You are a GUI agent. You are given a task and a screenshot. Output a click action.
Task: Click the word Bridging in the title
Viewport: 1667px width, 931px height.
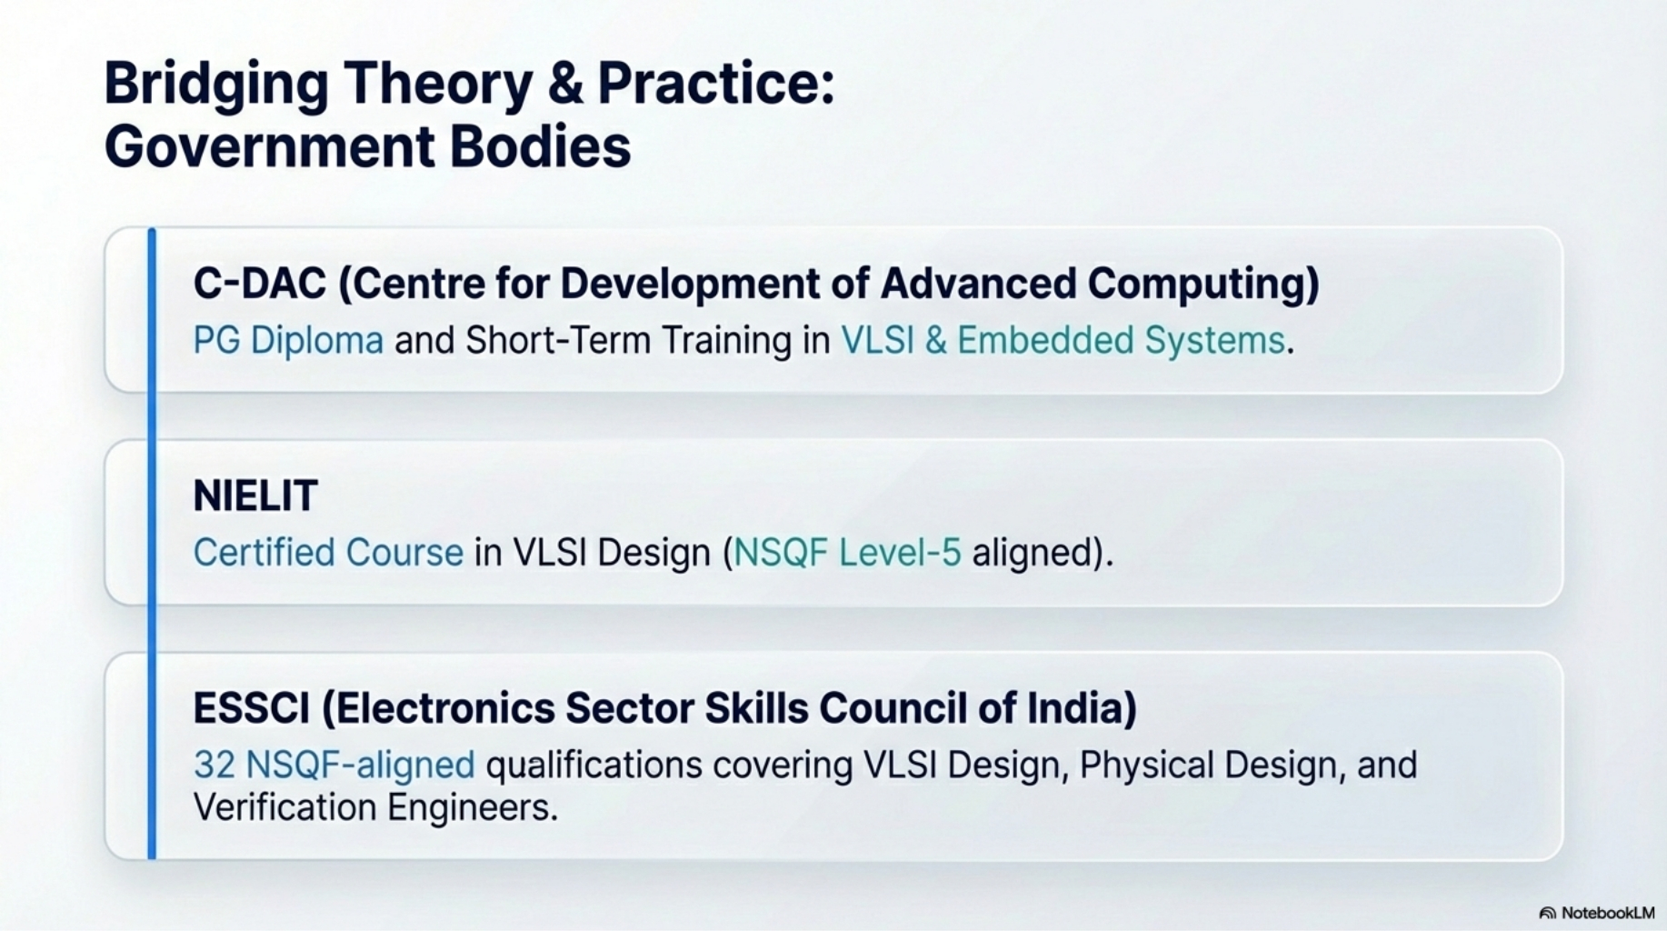(x=216, y=85)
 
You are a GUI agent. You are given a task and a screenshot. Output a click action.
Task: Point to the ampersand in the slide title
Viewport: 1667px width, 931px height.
(x=565, y=83)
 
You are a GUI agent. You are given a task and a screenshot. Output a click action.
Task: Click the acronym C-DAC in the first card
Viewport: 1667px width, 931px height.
(x=259, y=284)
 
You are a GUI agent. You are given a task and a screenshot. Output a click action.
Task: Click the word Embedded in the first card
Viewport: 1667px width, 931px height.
(x=1045, y=340)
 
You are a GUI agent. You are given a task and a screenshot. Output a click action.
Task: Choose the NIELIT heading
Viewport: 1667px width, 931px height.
(x=255, y=496)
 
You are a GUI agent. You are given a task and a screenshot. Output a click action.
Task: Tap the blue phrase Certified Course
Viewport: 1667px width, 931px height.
(x=328, y=553)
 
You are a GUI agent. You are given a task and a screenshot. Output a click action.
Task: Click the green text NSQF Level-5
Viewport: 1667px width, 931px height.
(x=847, y=553)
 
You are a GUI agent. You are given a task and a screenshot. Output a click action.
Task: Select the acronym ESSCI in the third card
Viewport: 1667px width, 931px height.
(x=252, y=708)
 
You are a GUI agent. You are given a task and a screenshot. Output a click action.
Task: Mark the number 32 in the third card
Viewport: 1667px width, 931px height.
(x=215, y=766)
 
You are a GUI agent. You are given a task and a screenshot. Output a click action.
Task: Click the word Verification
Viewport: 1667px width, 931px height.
(x=284, y=807)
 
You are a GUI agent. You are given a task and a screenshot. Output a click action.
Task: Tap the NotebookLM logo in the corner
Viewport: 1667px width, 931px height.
(x=1597, y=913)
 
